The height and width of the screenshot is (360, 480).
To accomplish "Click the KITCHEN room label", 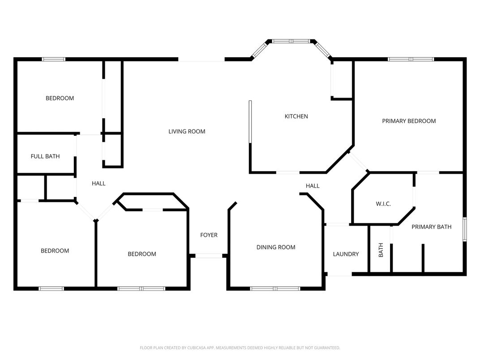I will click(x=296, y=116).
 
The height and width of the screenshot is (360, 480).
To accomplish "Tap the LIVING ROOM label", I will click(x=187, y=132).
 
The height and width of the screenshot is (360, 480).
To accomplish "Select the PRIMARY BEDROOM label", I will click(x=408, y=121).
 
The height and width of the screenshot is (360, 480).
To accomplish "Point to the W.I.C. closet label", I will click(x=383, y=204).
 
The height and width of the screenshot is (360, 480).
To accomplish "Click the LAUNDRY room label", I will click(x=346, y=254).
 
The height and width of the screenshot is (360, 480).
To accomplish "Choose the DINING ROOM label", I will click(x=275, y=247).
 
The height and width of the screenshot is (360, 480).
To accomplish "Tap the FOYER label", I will click(x=209, y=235).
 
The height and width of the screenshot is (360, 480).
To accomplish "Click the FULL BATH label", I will click(x=45, y=156).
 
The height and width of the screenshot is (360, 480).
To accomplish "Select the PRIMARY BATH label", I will click(x=431, y=227).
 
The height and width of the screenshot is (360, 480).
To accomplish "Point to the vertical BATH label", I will click(x=381, y=250).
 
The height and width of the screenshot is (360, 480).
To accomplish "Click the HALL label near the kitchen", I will click(x=313, y=186).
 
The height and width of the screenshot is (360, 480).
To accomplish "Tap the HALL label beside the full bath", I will click(x=99, y=183).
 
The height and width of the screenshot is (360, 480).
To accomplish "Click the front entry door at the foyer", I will click(x=209, y=256).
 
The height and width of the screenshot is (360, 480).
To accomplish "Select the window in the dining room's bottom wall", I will click(x=275, y=288).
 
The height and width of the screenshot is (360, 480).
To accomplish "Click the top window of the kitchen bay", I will click(x=291, y=41).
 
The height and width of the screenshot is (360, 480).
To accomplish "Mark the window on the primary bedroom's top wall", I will click(x=411, y=59).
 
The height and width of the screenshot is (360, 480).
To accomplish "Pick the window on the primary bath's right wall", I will click(x=464, y=230).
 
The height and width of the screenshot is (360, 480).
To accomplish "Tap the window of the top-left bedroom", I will click(x=54, y=59).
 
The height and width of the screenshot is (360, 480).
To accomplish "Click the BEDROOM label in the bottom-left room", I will click(x=55, y=251).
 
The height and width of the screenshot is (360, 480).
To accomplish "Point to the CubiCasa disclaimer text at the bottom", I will click(x=240, y=347).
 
